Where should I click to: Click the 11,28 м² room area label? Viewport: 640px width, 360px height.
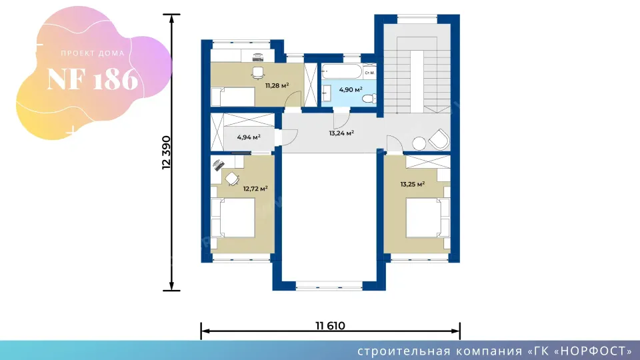pos(277,85)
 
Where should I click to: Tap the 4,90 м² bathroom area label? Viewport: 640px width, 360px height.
pos(351,89)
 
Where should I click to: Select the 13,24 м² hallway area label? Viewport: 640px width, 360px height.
pos(341,133)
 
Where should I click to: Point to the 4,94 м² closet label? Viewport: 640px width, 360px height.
pos(249,137)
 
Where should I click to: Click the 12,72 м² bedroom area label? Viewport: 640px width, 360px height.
pos(255,189)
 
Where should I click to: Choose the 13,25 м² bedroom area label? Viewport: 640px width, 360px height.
pos(413,184)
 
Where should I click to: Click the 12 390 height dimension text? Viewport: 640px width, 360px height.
pos(166,153)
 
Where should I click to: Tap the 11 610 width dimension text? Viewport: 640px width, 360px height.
pos(330,326)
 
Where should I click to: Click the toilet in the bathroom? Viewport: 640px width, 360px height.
pos(369,99)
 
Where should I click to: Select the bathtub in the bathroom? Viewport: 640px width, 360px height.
pos(342,71)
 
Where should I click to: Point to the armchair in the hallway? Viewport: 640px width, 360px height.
pos(439,139)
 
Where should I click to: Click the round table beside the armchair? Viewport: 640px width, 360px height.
pos(419,143)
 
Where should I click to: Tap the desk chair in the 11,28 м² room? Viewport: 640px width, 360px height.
pos(258,73)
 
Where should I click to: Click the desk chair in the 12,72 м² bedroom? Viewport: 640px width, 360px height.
pos(232,179)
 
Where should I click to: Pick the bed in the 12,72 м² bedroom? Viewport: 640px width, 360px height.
pos(233,217)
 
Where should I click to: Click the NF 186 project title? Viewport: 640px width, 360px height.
pos(93,79)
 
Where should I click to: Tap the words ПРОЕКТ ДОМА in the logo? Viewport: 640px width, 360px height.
pos(93,53)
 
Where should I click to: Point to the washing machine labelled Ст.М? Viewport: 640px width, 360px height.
pos(369,71)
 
